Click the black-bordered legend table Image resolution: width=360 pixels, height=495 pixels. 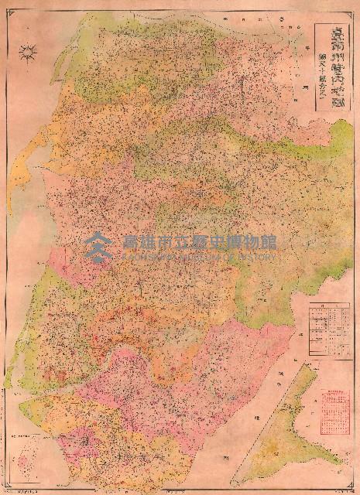327,327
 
